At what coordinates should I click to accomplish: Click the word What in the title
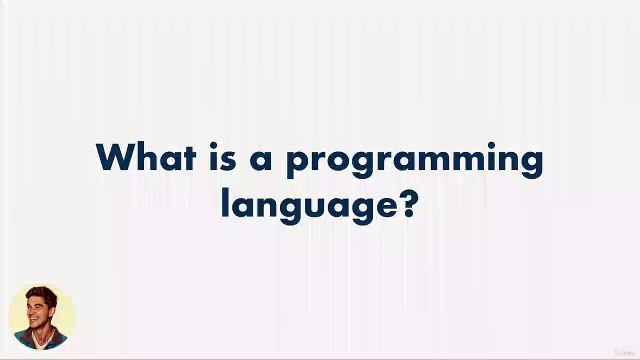146,159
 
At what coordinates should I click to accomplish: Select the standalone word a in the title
263,161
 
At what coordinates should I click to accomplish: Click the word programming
414,162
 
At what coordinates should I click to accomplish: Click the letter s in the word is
232,161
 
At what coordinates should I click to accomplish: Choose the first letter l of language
227,204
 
